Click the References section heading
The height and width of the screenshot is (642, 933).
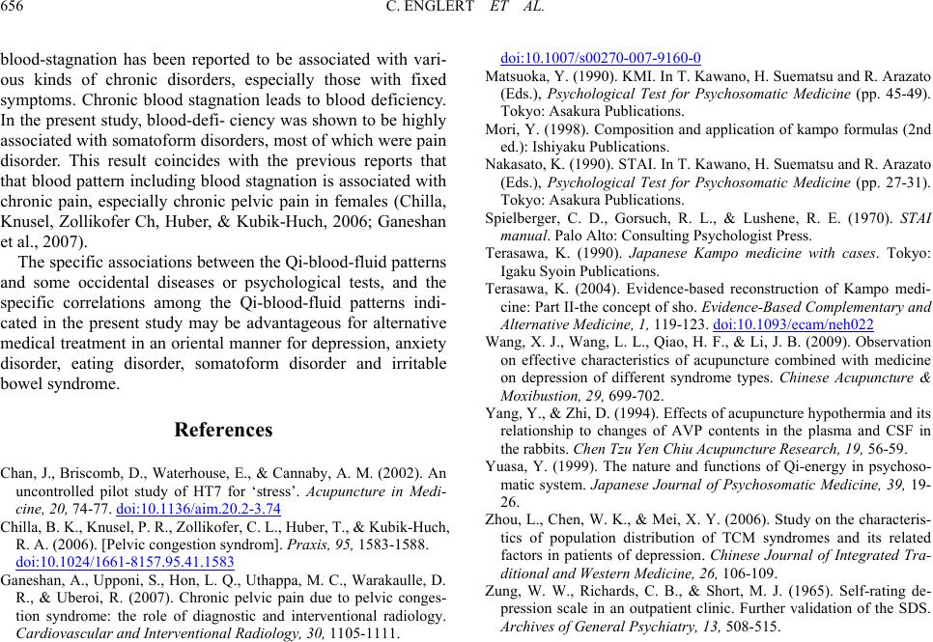point(223,430)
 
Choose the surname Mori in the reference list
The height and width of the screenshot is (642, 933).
point(499,128)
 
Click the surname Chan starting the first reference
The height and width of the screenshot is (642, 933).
point(19,473)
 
